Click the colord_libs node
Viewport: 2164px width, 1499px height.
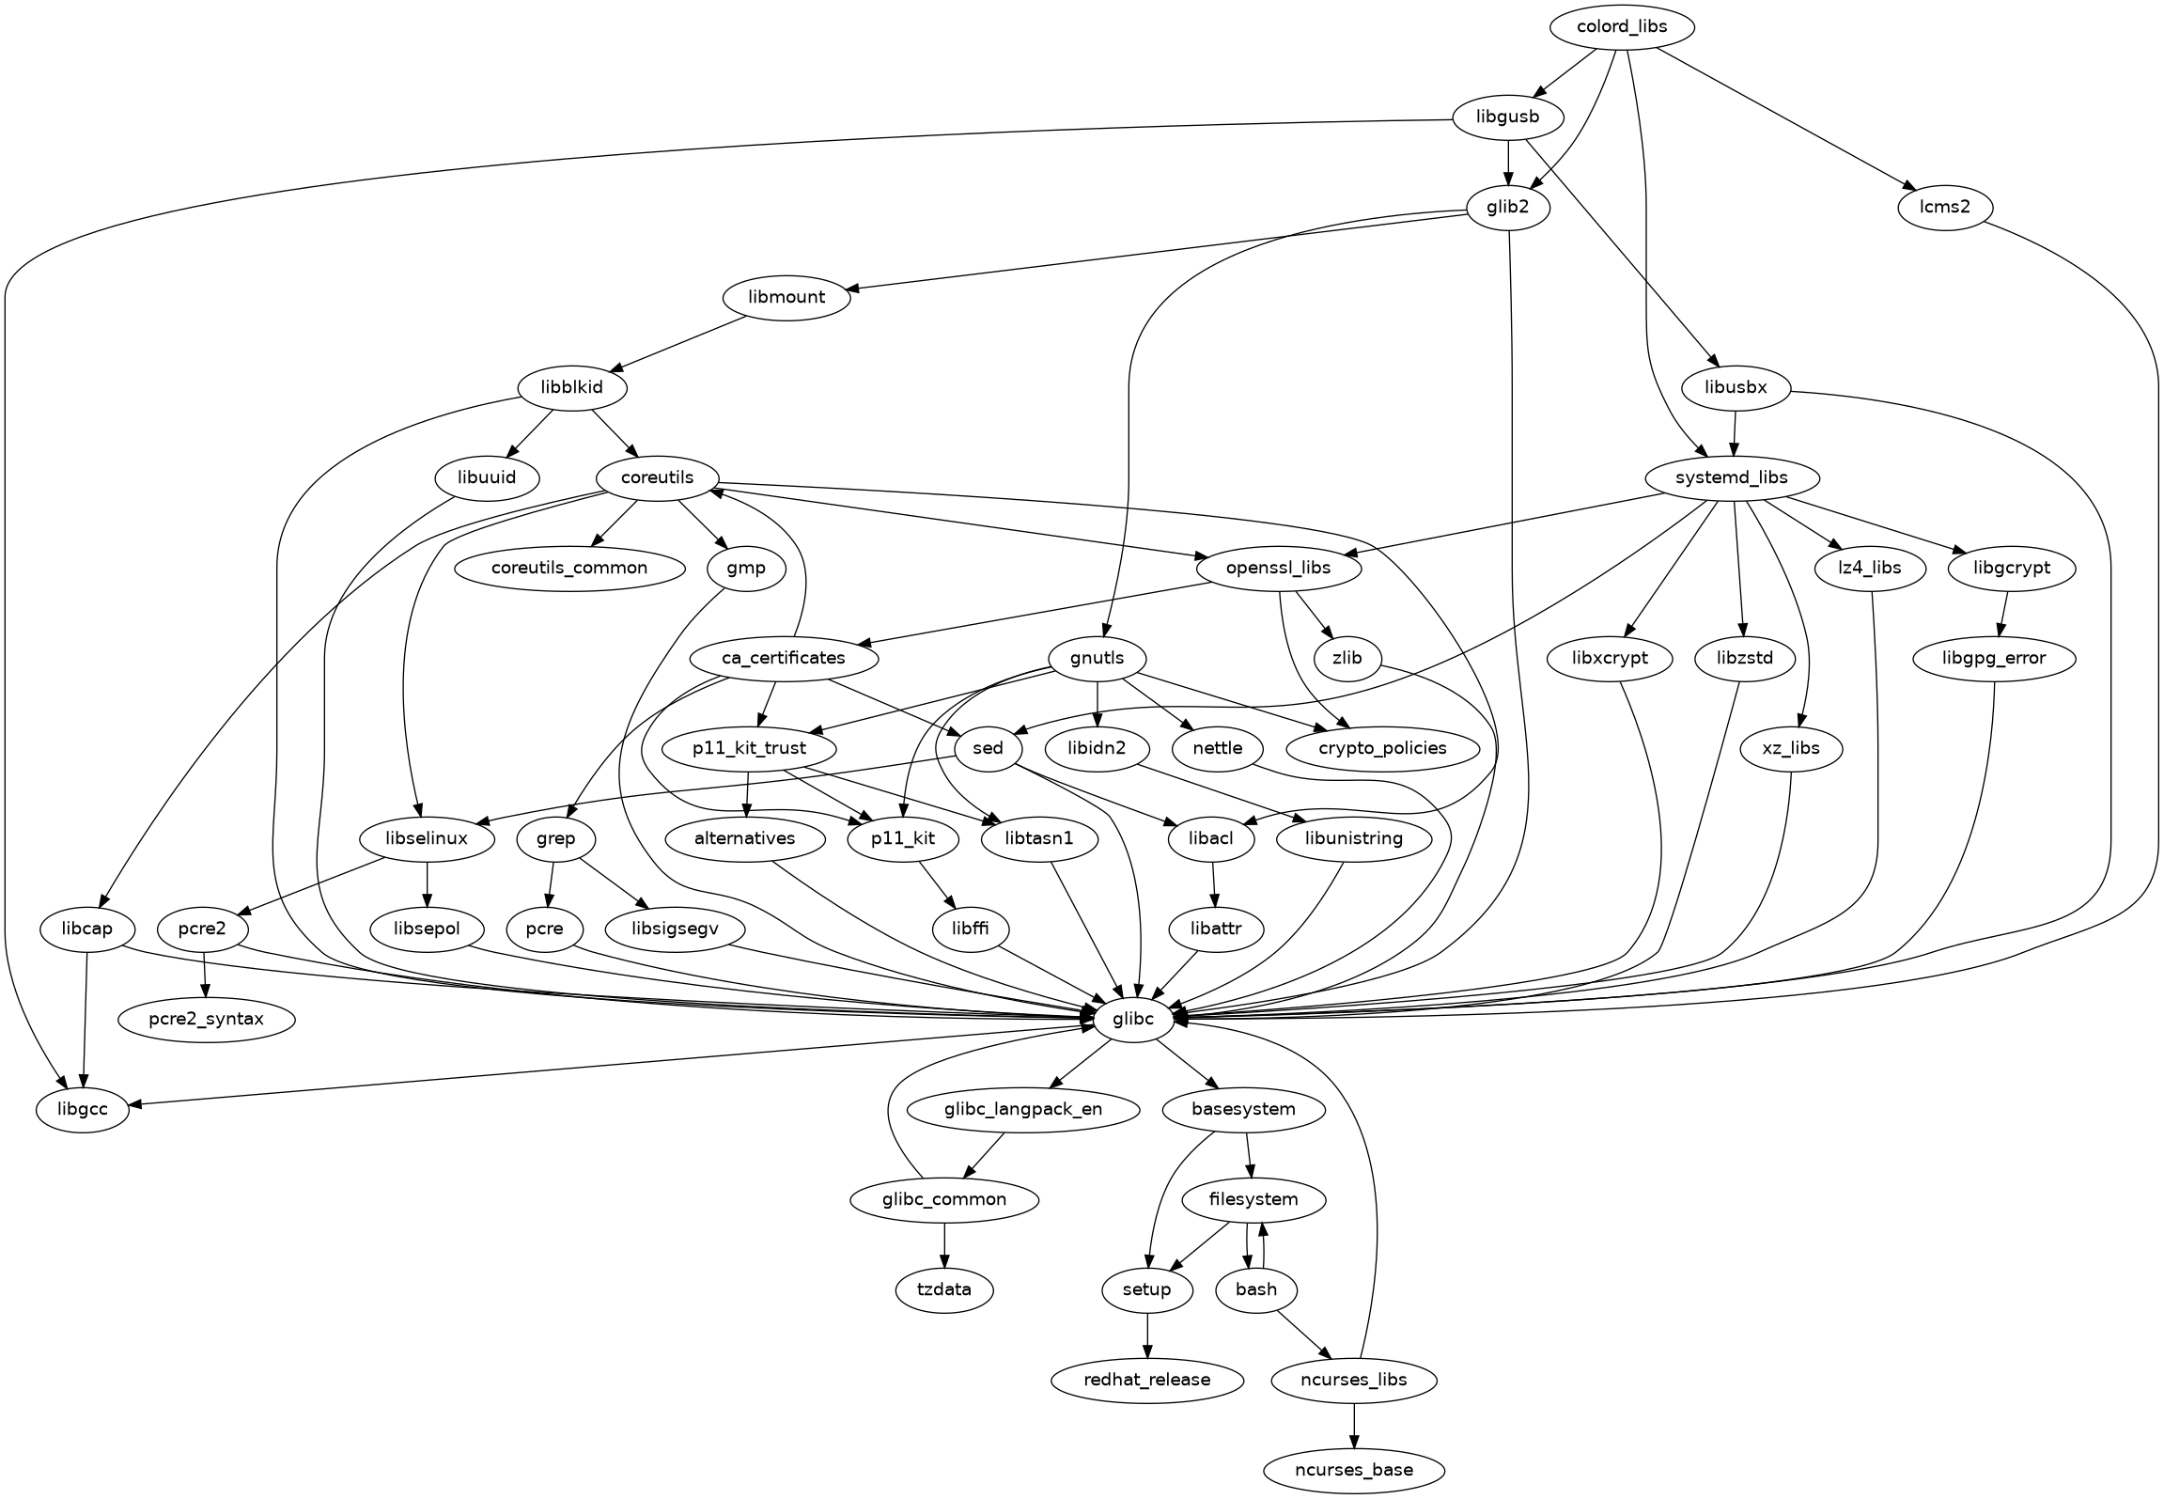(1622, 27)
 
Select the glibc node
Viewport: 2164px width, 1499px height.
(1133, 1019)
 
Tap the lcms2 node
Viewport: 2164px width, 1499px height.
(1945, 206)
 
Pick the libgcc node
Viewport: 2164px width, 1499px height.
(83, 1109)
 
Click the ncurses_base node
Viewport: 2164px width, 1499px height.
(1354, 1470)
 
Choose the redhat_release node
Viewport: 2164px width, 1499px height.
(1147, 1380)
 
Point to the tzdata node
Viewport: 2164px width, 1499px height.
(944, 1289)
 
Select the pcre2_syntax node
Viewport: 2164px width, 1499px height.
(207, 1019)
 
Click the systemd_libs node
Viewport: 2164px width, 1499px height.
(1732, 477)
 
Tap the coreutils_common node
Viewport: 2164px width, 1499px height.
(569, 568)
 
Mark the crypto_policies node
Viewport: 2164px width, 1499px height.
(1381, 748)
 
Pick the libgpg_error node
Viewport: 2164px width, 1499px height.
(1993, 658)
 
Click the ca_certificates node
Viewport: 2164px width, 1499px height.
(784, 658)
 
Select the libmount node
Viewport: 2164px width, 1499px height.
(786, 297)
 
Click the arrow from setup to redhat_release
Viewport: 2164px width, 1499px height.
(1147, 1335)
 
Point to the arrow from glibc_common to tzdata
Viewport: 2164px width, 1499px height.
(944, 1244)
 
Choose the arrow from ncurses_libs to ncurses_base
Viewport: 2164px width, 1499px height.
(1354, 1425)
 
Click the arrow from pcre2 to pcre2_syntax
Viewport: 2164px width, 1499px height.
(205, 974)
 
